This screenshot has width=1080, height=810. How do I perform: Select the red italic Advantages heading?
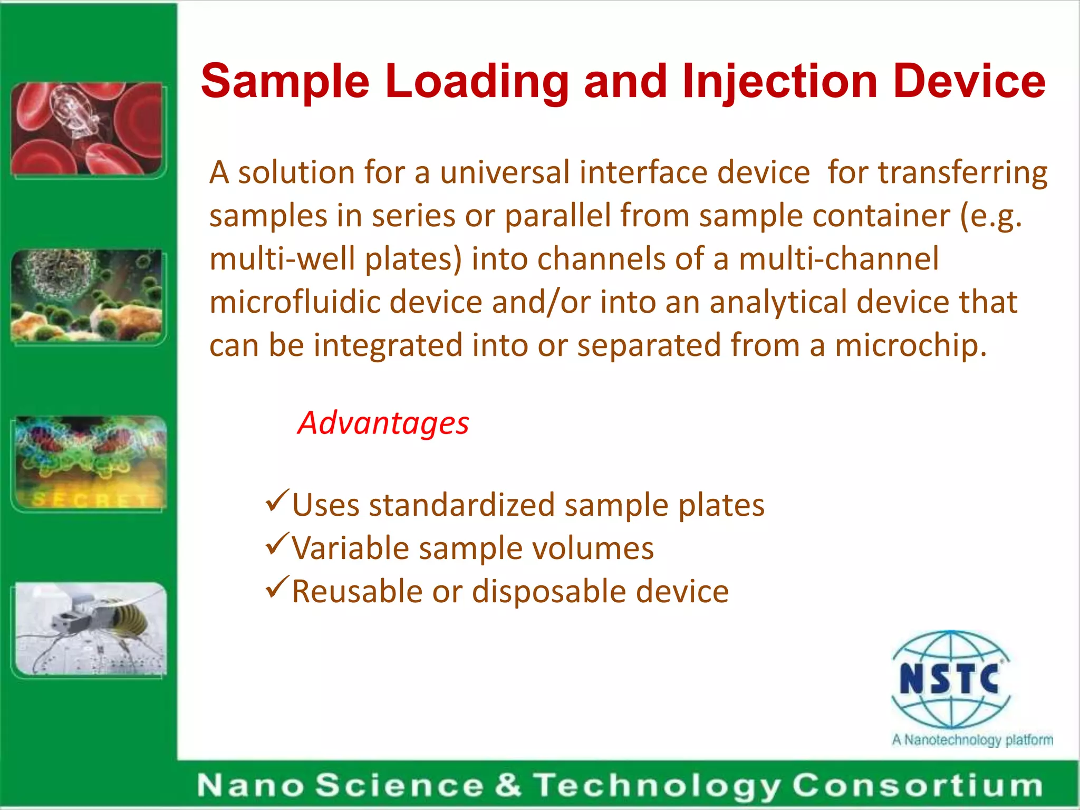pyautogui.click(x=383, y=423)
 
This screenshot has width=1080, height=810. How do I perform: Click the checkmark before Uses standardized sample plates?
pyautogui.click(x=277, y=500)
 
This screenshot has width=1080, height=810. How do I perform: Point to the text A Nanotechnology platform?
pyautogui.click(x=972, y=740)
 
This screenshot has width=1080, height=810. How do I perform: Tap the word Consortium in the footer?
pyautogui.click(x=918, y=785)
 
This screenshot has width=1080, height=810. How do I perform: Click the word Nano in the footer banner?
pyautogui.click(x=250, y=785)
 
